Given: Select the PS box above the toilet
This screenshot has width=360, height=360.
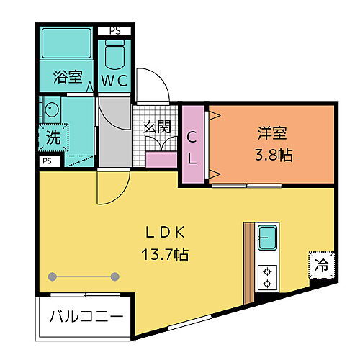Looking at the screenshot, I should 115,30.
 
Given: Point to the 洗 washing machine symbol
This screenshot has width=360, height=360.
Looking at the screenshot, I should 54,137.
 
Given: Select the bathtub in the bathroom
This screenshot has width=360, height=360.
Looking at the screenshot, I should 66,45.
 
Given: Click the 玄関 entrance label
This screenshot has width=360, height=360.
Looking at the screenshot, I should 156,127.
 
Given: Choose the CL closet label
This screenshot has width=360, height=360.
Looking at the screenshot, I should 192,146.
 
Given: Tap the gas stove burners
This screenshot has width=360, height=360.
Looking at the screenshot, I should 267,277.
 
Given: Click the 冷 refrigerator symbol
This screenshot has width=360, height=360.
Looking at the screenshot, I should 320,264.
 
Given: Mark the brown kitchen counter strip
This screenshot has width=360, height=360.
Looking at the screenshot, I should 249,263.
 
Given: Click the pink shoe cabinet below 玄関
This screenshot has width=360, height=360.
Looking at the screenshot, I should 162,159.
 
